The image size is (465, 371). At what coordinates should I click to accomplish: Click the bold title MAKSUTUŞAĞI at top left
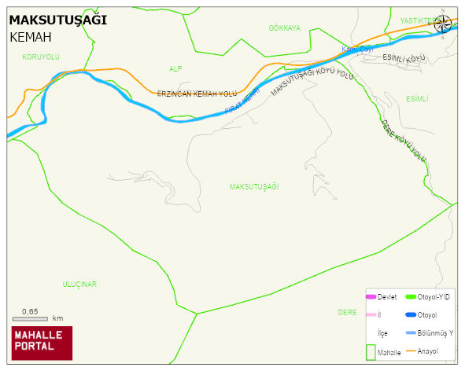pos(57,20)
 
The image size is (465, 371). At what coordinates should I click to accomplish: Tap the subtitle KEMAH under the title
pos(31,37)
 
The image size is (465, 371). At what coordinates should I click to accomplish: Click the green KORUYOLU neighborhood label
pos(41,57)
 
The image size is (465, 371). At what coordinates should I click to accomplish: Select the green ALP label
pos(175,69)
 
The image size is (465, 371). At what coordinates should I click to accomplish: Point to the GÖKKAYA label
pos(284,28)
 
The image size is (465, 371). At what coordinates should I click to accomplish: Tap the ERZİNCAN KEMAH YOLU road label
pos(197,94)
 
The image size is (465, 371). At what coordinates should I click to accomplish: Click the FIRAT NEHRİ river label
pos(242,103)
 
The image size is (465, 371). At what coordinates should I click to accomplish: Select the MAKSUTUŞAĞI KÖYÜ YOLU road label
pos(312,81)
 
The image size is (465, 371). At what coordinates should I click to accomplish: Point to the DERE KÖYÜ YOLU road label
pos(404,141)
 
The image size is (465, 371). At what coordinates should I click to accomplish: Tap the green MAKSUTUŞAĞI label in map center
pos(254,187)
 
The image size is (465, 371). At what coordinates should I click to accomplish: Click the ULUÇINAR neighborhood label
pos(79,283)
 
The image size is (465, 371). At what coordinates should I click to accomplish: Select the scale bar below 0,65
pos(31,319)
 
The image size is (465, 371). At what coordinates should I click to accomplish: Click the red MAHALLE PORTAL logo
pos(42,343)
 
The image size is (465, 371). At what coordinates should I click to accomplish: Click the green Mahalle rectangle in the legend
pos(371,351)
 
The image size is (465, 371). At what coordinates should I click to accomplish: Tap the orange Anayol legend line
pos(410,351)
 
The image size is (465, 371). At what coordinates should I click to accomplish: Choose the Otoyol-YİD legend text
pos(434,297)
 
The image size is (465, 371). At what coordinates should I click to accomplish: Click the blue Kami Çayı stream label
pos(356,50)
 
